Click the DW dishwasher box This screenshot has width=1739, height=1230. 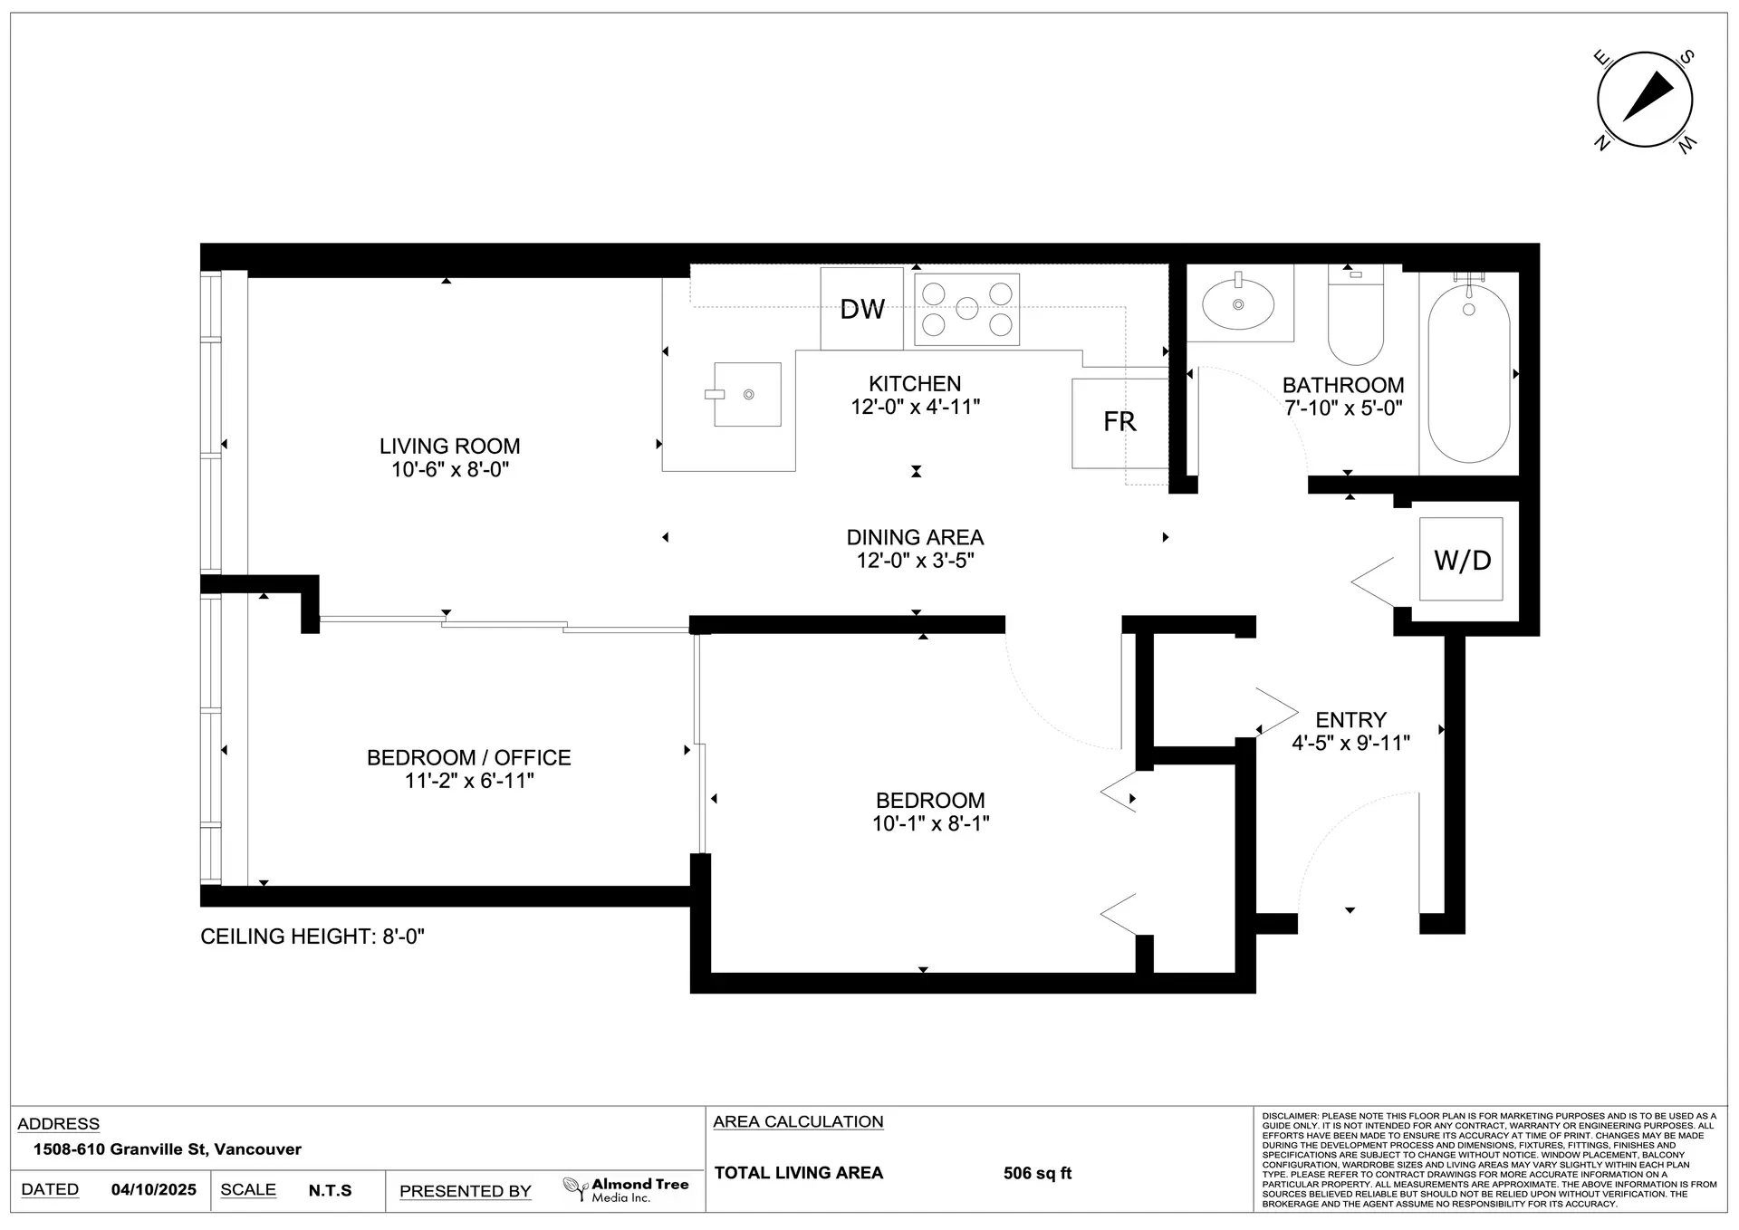tap(862, 309)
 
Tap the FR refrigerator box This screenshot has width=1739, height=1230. tap(1120, 423)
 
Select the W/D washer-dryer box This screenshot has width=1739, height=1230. tap(1461, 559)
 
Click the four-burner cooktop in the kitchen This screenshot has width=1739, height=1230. tap(966, 309)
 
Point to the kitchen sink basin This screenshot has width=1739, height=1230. tap(747, 394)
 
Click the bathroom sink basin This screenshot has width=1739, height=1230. tap(1238, 303)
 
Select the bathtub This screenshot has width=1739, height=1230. tap(1469, 373)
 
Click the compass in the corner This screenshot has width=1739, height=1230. tap(1645, 100)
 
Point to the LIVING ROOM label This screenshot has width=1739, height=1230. tap(450, 447)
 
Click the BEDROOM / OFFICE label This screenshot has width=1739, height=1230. tap(469, 757)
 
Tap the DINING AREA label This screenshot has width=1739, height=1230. tap(915, 537)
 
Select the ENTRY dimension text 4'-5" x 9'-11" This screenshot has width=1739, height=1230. tap(1351, 744)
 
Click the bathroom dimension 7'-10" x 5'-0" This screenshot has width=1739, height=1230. tap(1344, 408)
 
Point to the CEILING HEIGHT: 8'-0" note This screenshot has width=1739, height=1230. tap(312, 937)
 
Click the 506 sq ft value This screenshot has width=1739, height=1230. tap(1037, 1173)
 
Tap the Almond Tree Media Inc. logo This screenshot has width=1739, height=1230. tap(626, 1189)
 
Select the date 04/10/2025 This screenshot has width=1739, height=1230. tap(154, 1190)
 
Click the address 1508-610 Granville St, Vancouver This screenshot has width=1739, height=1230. tap(168, 1149)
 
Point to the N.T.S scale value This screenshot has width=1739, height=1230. tap(330, 1190)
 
